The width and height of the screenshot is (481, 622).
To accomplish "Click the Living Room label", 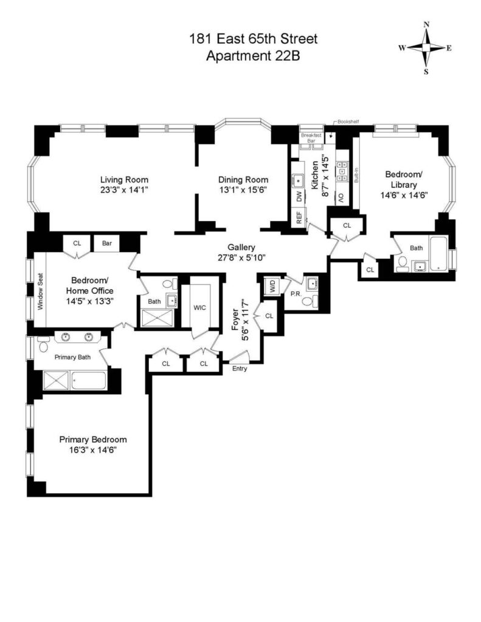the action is point(124,179).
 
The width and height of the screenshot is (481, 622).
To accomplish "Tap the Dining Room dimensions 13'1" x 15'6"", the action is point(243,190).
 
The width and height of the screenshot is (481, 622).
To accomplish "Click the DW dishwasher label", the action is point(299,196).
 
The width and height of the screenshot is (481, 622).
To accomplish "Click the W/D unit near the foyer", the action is point(273,287).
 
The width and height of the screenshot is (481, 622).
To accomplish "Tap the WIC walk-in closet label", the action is point(199,307).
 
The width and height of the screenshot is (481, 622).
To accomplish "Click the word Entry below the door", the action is point(240,369).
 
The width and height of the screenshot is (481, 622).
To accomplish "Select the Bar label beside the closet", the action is point(107,243).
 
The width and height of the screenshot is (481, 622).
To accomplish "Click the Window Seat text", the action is point(40,291).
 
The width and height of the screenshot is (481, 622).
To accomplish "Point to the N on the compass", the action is point(427,24).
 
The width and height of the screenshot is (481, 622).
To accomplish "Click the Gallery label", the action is point(241,247).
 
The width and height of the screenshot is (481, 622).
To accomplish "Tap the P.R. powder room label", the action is point(295,294).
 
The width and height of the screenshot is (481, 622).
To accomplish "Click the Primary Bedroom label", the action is point(93,440).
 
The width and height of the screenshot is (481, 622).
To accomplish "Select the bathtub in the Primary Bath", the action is point(89,380).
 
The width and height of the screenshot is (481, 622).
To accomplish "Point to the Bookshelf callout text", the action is point(348,121).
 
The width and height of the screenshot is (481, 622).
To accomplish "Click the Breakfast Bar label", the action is point(311,138).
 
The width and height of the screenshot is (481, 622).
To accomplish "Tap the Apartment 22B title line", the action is point(253,55).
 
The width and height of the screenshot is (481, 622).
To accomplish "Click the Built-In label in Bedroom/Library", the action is point(356,175).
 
